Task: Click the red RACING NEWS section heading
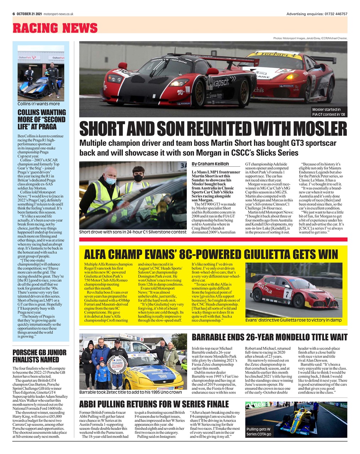pyautogui.click(x=55, y=28)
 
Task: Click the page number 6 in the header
pyautogui.click(x=13, y=14)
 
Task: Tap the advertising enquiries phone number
pyautogui.click(x=335, y=14)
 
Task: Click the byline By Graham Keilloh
pyautogui.click(x=211, y=164)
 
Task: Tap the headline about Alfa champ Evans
pyautogui.click(x=211, y=254)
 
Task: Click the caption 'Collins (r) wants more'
pyautogui.click(x=39, y=104)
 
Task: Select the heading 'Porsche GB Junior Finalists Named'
pyautogui.click(x=39, y=356)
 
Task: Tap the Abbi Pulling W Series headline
pyautogui.click(x=154, y=404)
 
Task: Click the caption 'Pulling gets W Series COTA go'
pyautogui.click(x=259, y=432)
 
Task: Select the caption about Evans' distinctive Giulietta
pyautogui.click(x=293, y=320)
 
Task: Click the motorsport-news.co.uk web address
pyautogui.click(x=59, y=14)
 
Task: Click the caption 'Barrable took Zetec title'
pyautogui.click(x=130, y=392)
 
